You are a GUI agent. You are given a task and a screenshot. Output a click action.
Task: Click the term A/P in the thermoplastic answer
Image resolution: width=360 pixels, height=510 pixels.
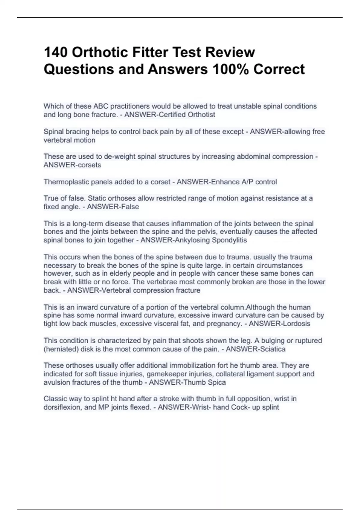coord(241,182)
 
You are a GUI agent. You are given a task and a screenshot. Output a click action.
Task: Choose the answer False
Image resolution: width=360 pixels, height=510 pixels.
coord(130,207)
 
